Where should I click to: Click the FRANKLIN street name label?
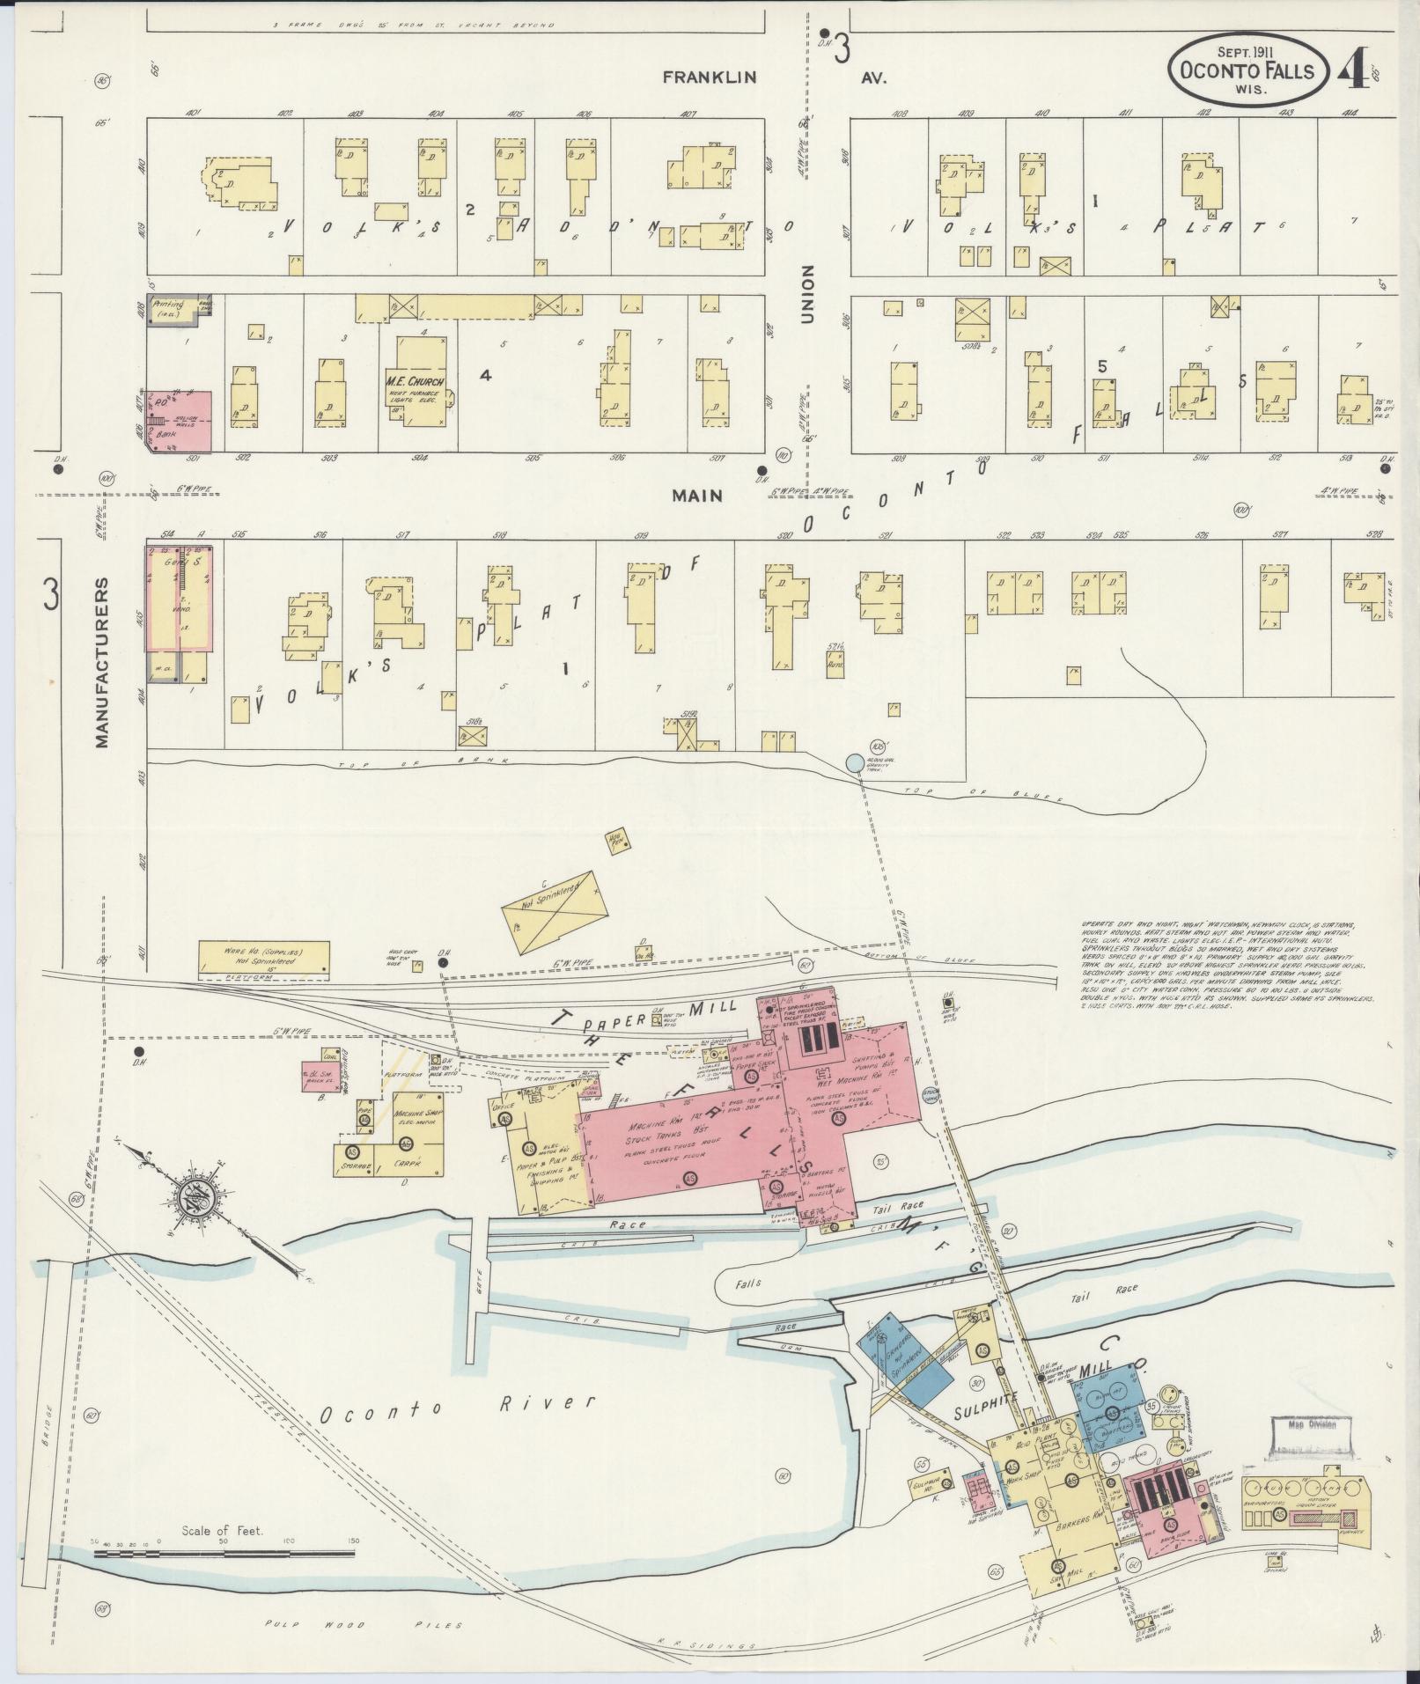[710, 77]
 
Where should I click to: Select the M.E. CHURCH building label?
[415, 381]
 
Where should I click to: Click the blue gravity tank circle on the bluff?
[853, 762]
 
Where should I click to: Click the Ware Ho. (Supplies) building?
[263, 957]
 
